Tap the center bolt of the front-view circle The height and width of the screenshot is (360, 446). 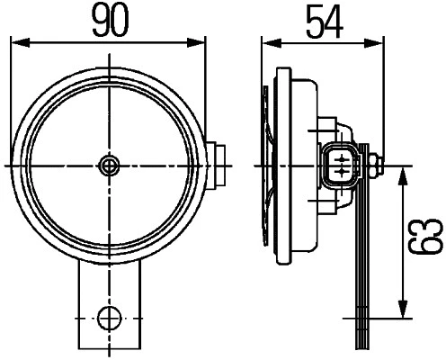click(x=110, y=165)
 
